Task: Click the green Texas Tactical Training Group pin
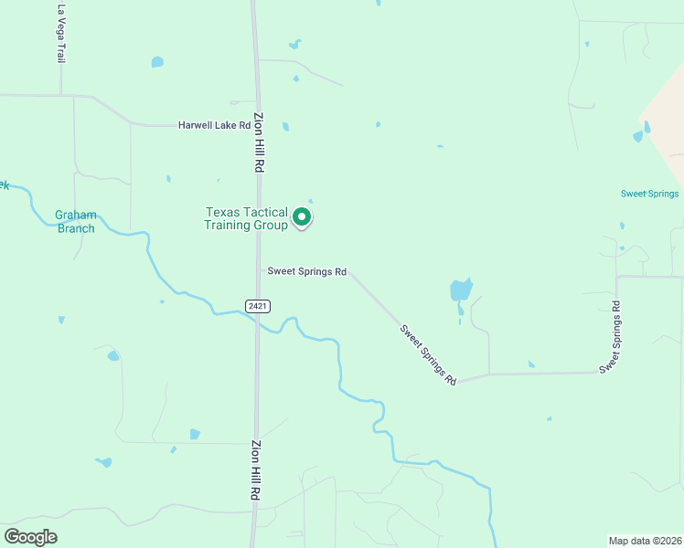[302, 218]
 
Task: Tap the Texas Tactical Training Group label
[246, 218]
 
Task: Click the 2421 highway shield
[257, 305]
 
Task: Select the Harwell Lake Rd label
[214, 125]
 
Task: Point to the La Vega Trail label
[61, 34]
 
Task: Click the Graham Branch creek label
[75, 222]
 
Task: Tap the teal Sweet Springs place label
[649, 194]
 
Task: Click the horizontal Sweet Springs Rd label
[307, 271]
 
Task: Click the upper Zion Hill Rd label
[259, 142]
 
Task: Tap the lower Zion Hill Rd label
[253, 470]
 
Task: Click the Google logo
[30, 537]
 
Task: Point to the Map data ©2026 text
[645, 540]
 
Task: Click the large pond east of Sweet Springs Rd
[461, 291]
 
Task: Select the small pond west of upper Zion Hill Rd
[157, 62]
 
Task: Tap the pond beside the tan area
[638, 136]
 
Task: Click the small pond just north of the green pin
[310, 202]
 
